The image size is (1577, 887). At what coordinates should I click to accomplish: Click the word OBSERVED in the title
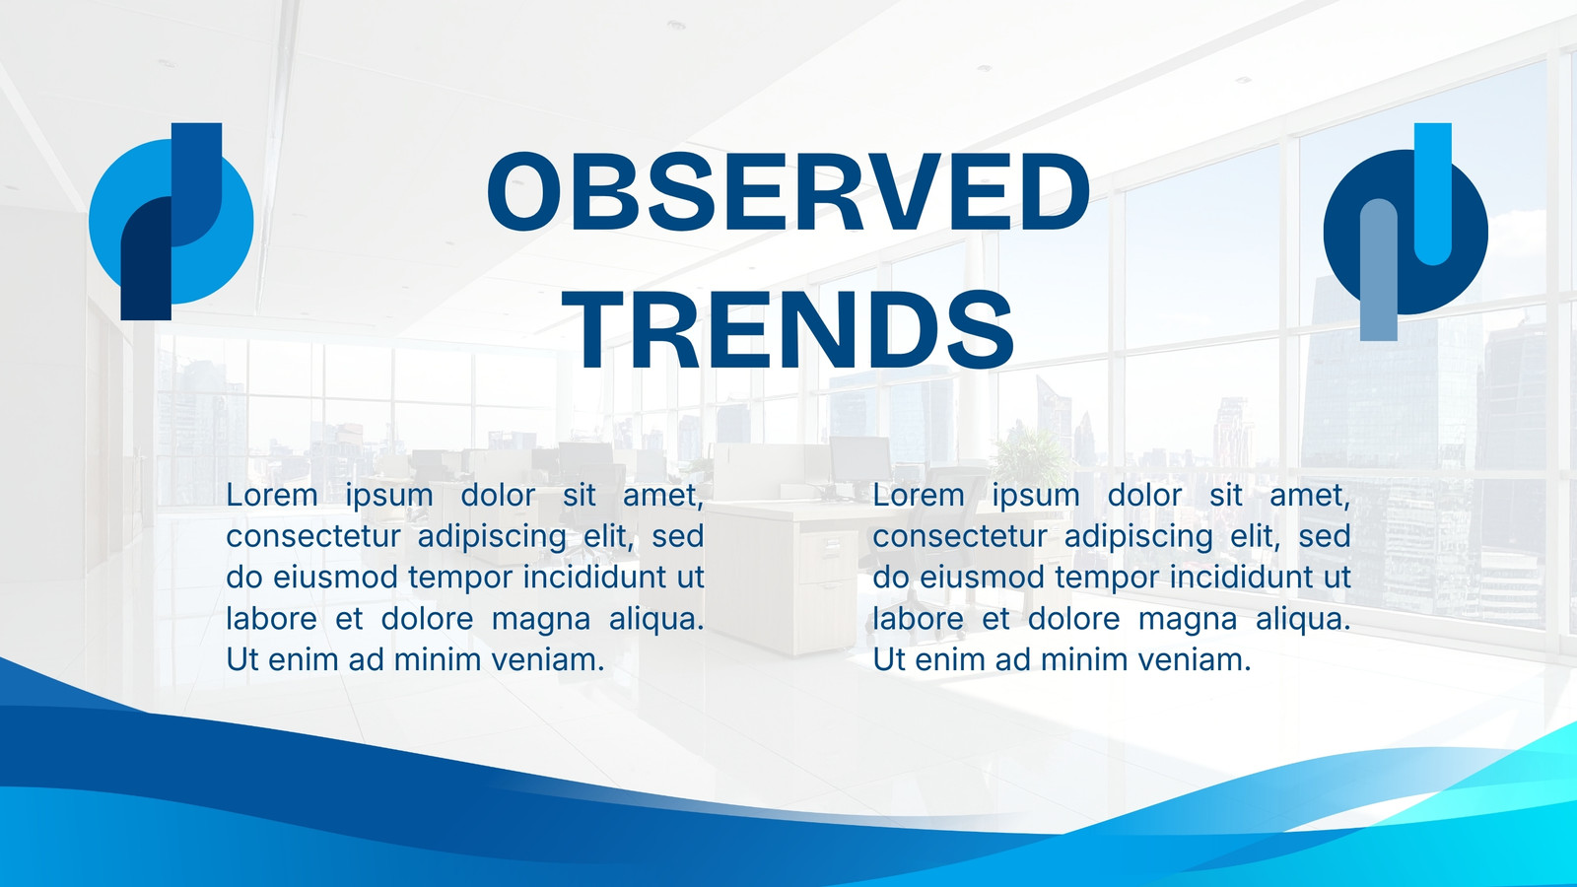point(788,191)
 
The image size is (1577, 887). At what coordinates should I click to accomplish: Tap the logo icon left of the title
point(171,222)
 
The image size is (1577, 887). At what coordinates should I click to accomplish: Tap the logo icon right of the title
point(1406,232)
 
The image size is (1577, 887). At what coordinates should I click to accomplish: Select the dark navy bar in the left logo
point(146,267)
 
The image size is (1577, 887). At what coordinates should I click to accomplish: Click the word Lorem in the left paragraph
point(272,496)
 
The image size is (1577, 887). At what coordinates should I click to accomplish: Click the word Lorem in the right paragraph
point(919,496)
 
